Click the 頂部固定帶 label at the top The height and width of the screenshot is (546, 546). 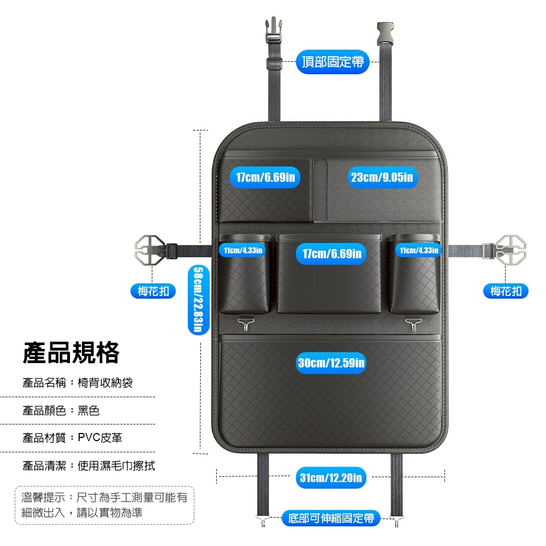(332, 62)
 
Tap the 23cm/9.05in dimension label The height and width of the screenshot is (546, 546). (382, 177)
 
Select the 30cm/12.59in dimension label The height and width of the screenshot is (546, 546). (331, 363)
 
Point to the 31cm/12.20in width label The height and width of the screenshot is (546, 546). (331, 477)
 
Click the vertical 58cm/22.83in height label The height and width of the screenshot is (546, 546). (198, 299)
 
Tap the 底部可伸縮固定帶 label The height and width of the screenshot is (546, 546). (331, 518)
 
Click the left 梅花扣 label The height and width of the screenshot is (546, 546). (153, 291)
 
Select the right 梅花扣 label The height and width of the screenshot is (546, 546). (506, 291)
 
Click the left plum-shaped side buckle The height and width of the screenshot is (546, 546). (150, 249)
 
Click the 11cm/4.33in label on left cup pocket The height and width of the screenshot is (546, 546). (243, 251)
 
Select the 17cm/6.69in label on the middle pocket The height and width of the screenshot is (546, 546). (331, 253)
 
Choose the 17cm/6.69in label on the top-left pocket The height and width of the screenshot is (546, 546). (265, 177)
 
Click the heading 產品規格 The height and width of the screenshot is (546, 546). (71, 353)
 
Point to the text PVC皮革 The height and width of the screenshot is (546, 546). (100, 438)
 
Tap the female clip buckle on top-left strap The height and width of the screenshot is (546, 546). (274, 31)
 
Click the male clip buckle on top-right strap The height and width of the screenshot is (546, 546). (385, 34)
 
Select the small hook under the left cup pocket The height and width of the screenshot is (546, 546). (246, 324)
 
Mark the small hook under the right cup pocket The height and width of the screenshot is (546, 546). (413, 324)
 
